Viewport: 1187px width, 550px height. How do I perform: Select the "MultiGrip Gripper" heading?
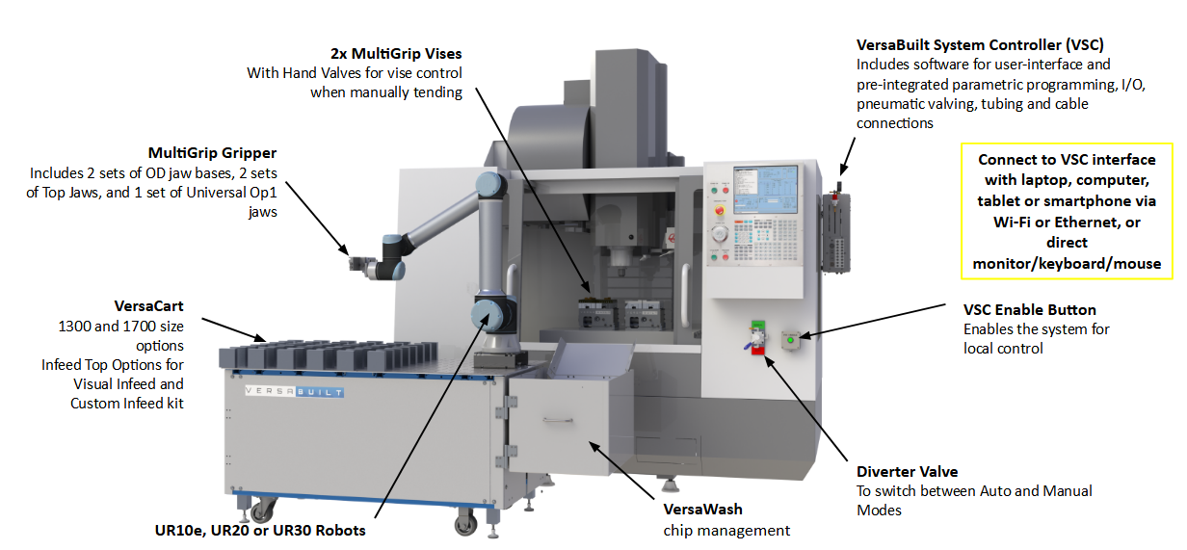point(212,153)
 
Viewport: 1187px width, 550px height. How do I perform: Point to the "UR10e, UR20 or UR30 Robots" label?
point(260,530)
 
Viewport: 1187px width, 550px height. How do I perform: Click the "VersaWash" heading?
point(702,509)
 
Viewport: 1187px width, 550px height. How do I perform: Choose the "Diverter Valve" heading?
point(907,471)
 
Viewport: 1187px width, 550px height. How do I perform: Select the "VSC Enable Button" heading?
point(1029,309)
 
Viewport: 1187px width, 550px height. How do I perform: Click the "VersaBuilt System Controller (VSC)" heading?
point(980,44)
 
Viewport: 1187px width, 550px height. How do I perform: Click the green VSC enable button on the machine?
point(791,338)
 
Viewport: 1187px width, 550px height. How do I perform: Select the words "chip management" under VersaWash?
point(726,530)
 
